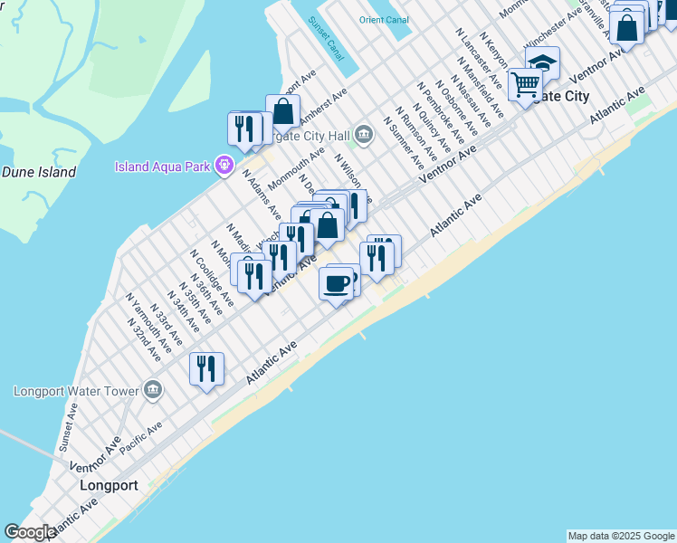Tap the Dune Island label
tap(38, 172)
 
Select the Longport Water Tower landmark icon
tap(153, 390)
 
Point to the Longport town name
tap(109, 485)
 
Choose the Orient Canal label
tap(384, 20)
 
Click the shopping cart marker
tap(524, 85)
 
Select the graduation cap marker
tap(543, 62)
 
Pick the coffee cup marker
tap(337, 284)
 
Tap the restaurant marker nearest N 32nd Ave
tap(207, 368)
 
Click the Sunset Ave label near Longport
tap(69, 427)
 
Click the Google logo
tap(30, 532)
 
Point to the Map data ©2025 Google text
tap(620, 536)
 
